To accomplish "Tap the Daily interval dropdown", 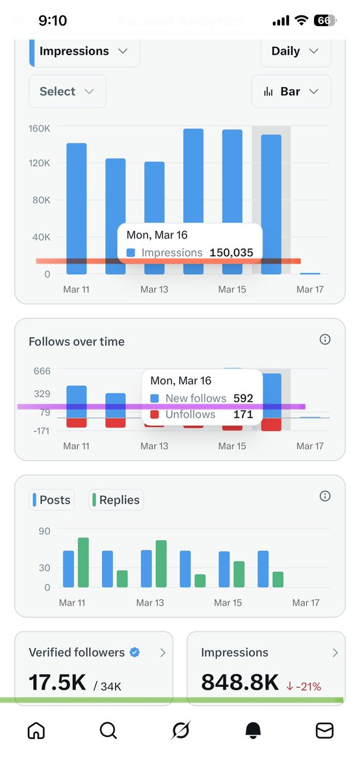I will [296, 51].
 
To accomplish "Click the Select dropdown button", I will [67, 92].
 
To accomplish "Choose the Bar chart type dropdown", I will [291, 92].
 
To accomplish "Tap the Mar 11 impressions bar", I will [76, 208].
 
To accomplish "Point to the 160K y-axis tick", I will [39, 129].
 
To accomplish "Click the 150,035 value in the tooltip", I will [231, 253].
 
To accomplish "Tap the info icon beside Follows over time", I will [326, 339].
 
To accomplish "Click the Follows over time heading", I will [77, 341].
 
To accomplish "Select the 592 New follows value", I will [243, 398].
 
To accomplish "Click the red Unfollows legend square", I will [155, 415].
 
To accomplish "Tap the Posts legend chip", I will [51, 500].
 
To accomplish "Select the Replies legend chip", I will [116, 500].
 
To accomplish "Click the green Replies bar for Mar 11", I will [83, 562].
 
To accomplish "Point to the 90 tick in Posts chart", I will [44, 531].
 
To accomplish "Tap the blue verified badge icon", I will [135, 653].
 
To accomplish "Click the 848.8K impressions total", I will [240, 682].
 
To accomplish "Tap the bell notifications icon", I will [253, 731].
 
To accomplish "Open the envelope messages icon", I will [324, 731].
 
